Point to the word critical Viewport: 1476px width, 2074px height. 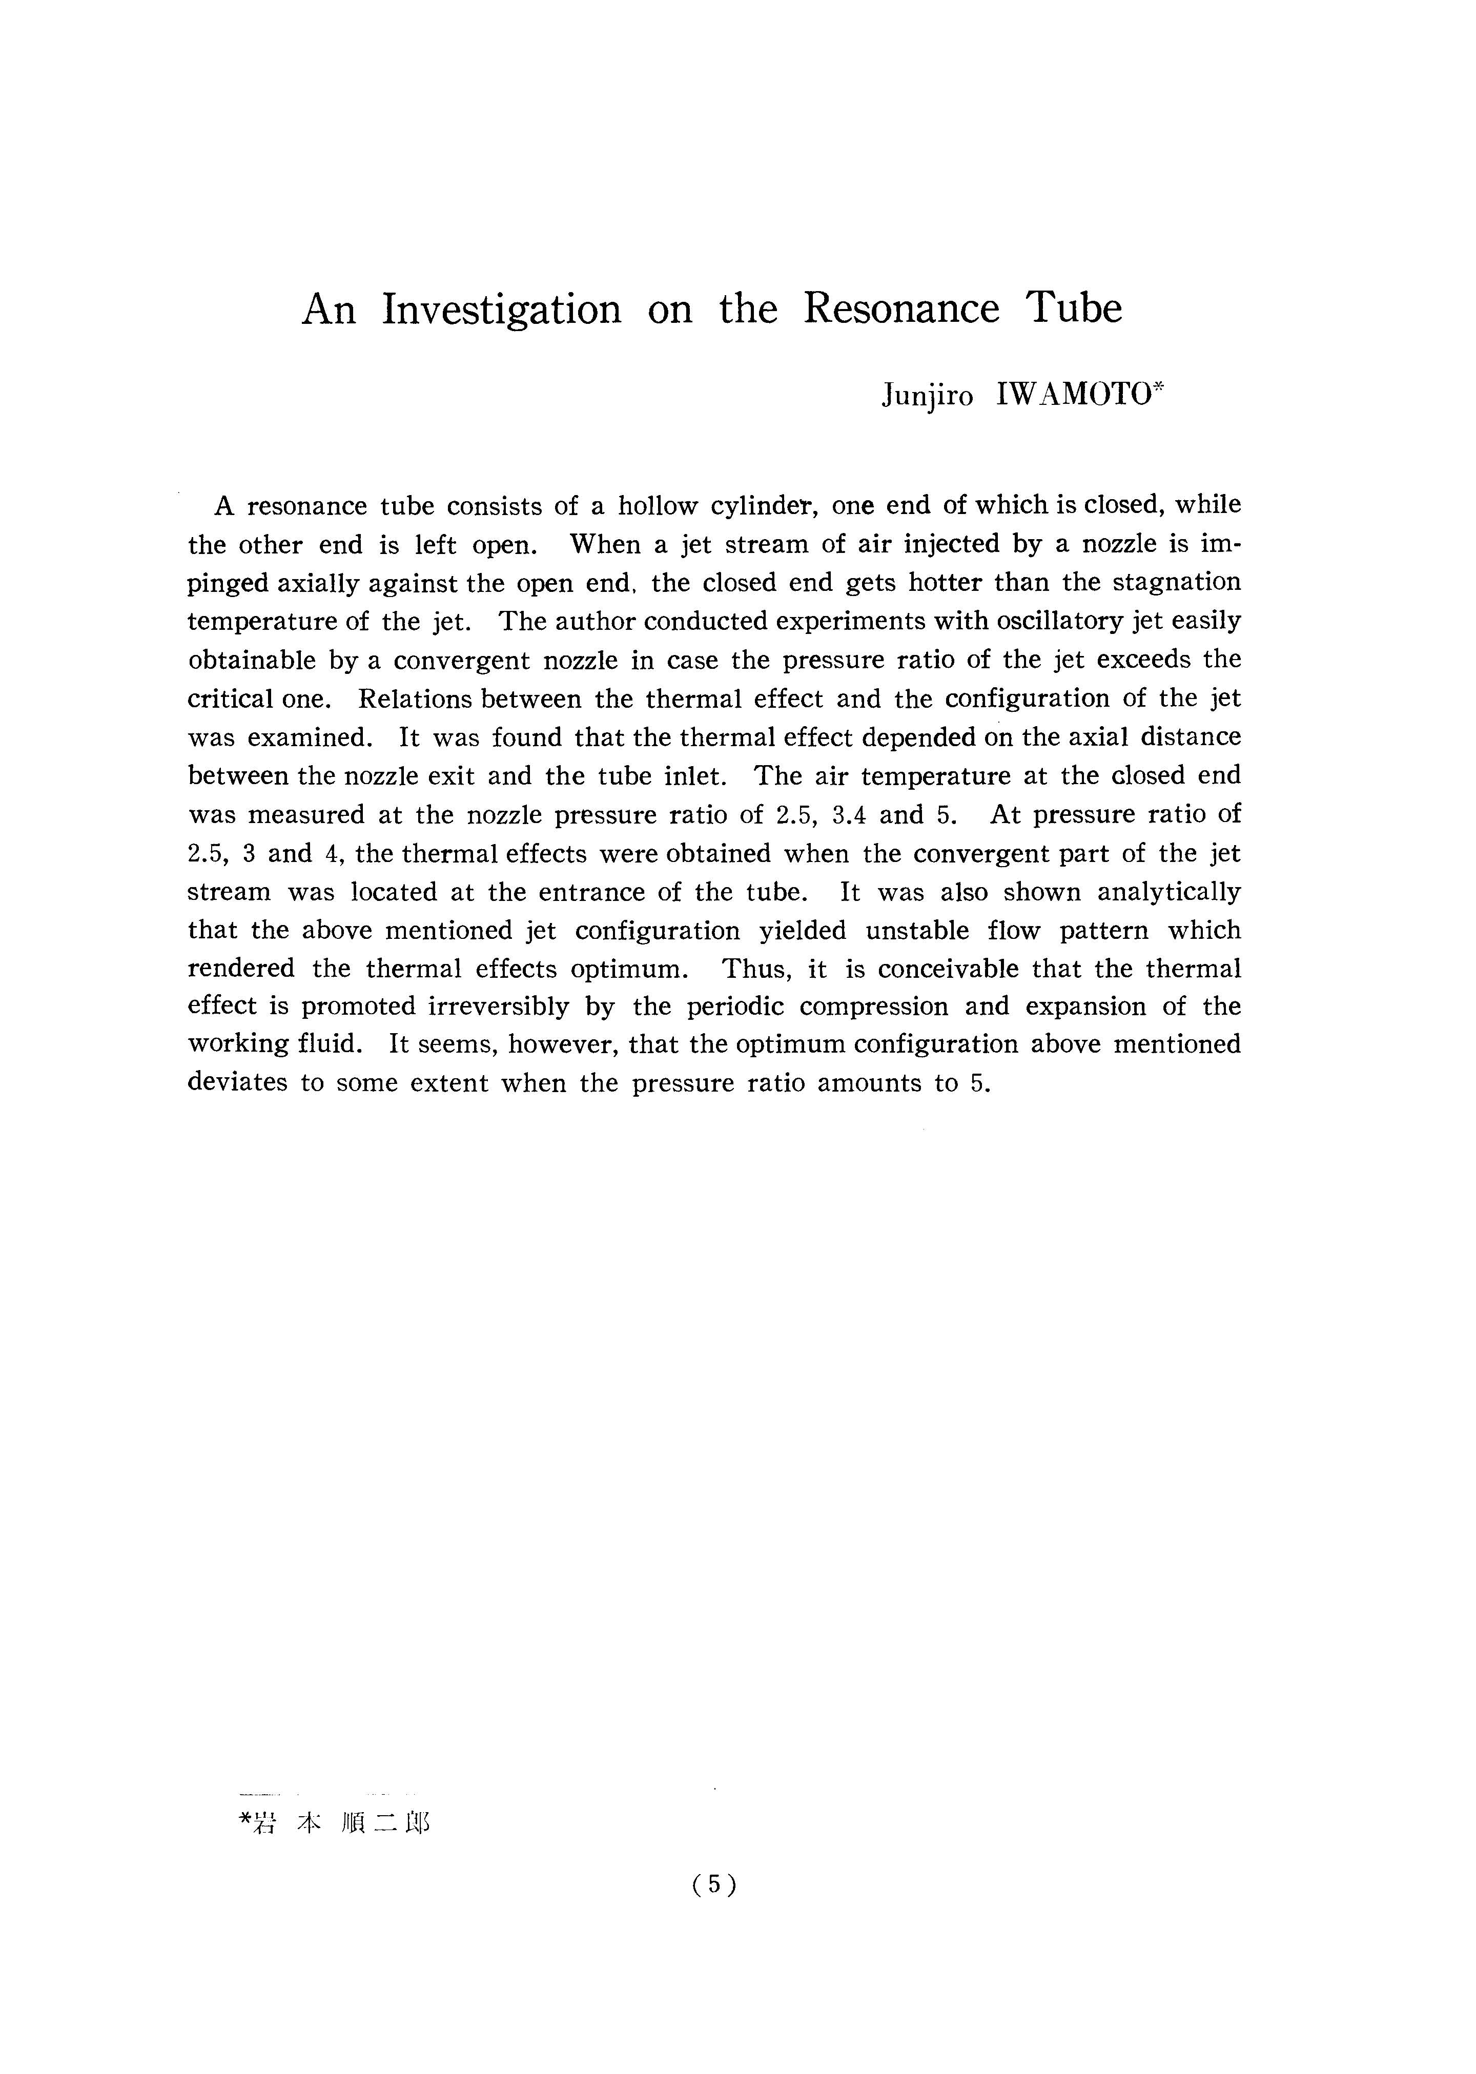pyautogui.click(x=229, y=699)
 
